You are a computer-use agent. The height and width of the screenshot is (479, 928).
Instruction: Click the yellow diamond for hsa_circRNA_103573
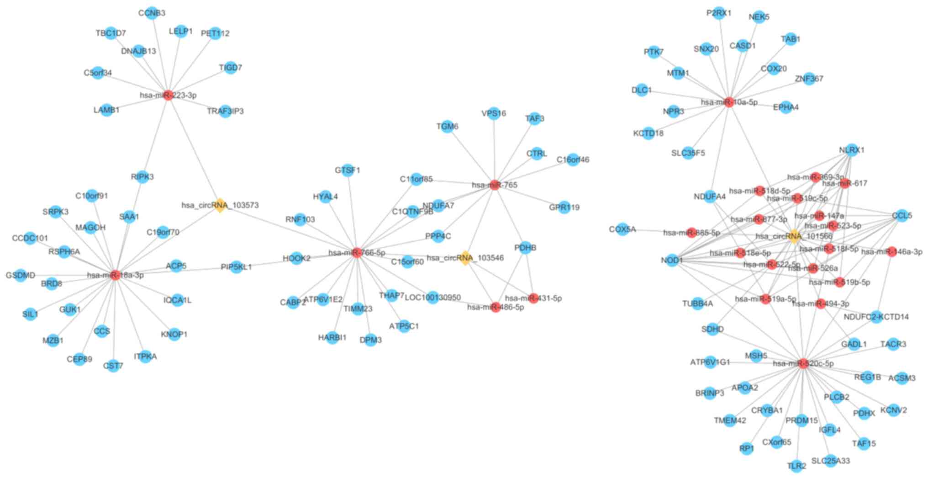[220, 205]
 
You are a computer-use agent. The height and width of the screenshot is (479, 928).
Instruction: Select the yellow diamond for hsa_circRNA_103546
[465, 258]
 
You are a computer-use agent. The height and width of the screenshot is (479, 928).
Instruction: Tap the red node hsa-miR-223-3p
[168, 95]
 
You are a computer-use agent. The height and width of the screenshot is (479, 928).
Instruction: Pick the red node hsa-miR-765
[495, 185]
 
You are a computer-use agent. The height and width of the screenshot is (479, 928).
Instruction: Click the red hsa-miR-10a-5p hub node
[729, 102]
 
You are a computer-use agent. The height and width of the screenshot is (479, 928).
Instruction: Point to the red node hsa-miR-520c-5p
[803, 363]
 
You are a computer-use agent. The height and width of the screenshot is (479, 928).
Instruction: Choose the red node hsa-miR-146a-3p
[891, 251]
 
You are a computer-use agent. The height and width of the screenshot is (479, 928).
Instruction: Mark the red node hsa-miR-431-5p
[533, 298]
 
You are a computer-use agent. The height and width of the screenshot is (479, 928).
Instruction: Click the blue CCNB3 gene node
[152, 13]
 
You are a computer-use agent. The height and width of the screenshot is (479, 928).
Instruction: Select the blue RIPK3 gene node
[142, 177]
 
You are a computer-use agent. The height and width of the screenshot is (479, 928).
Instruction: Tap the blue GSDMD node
[21, 275]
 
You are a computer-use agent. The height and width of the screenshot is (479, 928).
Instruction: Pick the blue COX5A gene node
[622, 229]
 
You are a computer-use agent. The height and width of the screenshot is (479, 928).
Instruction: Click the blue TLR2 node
[796, 466]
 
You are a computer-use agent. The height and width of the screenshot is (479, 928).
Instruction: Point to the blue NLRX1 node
[852, 150]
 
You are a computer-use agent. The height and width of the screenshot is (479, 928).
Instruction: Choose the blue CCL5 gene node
[902, 215]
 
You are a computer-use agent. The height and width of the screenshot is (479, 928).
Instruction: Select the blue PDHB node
[525, 248]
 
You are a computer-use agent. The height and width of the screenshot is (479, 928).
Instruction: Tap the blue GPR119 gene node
[564, 207]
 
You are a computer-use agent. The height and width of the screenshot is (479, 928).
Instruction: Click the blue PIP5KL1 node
[236, 267]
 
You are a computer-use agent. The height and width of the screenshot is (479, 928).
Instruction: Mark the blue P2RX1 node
[719, 13]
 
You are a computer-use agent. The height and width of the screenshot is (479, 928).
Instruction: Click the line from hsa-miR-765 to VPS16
[495, 151]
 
